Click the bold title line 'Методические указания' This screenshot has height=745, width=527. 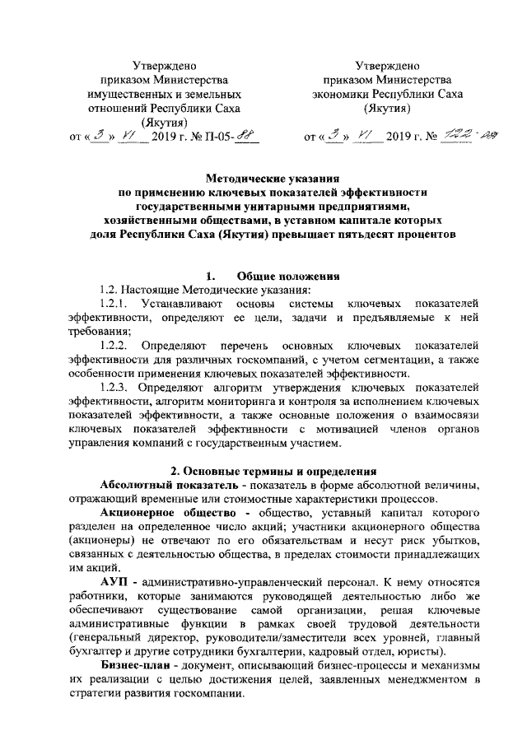[x=272, y=177]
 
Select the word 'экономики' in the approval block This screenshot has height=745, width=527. [x=357, y=94]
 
